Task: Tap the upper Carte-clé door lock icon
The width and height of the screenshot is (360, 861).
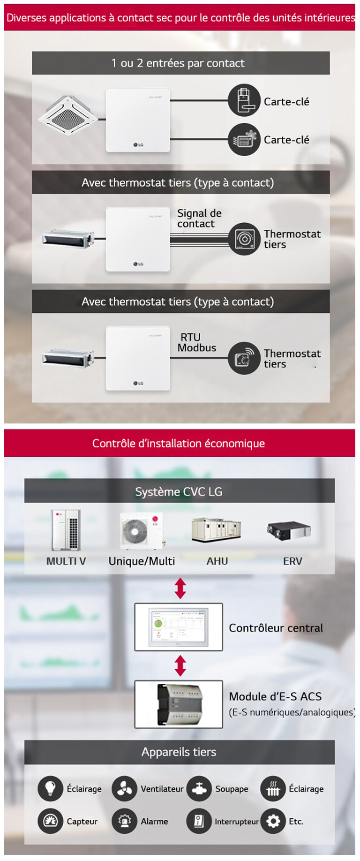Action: [244, 100]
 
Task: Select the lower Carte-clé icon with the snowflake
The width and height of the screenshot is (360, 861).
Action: [244, 139]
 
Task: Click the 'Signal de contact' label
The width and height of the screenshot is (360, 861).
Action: [199, 219]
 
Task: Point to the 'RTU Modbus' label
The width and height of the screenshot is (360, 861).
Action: [196, 342]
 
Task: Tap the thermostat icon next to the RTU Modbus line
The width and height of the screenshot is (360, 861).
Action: [244, 358]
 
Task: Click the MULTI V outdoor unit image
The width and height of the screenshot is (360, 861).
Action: [66, 530]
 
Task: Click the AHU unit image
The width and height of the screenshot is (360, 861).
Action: [216, 530]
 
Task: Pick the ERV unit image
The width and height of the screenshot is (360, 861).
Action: [289, 530]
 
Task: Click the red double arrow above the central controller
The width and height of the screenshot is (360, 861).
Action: [180, 589]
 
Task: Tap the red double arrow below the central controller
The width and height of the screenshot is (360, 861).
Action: [180, 665]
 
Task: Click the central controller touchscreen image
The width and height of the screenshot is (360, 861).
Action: [179, 627]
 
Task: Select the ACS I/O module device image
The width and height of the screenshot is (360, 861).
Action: [179, 704]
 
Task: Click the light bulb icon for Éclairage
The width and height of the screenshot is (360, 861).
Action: [50, 788]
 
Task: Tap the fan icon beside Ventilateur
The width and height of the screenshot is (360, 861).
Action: [124, 788]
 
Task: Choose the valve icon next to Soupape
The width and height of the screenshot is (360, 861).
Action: [199, 788]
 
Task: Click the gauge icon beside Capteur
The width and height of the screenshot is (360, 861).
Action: [50, 821]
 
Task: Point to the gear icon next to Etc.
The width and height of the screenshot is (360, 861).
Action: [273, 821]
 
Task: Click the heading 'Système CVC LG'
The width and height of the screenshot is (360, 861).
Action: [179, 491]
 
